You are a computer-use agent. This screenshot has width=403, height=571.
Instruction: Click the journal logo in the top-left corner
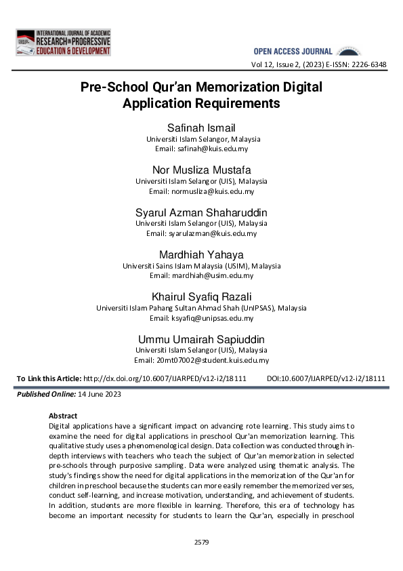coord(63,42)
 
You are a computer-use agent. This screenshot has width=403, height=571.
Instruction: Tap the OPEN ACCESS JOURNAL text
coord(293,52)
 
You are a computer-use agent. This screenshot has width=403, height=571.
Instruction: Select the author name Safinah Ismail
coord(201,128)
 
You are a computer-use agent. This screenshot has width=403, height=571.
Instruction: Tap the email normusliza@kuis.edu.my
coord(211,191)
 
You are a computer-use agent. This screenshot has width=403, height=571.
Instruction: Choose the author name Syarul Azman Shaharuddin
coord(201,212)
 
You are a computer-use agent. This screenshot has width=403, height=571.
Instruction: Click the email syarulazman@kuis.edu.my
coord(212,233)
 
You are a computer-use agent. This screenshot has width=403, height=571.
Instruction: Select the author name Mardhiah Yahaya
coord(201,255)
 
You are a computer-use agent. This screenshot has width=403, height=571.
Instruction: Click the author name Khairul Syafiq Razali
coord(201,297)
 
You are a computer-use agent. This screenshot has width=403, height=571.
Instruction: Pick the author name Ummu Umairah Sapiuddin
coord(201,339)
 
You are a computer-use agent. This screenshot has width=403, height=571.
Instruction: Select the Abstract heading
coord(63,415)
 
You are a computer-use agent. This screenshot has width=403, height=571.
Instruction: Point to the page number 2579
coord(201,542)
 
